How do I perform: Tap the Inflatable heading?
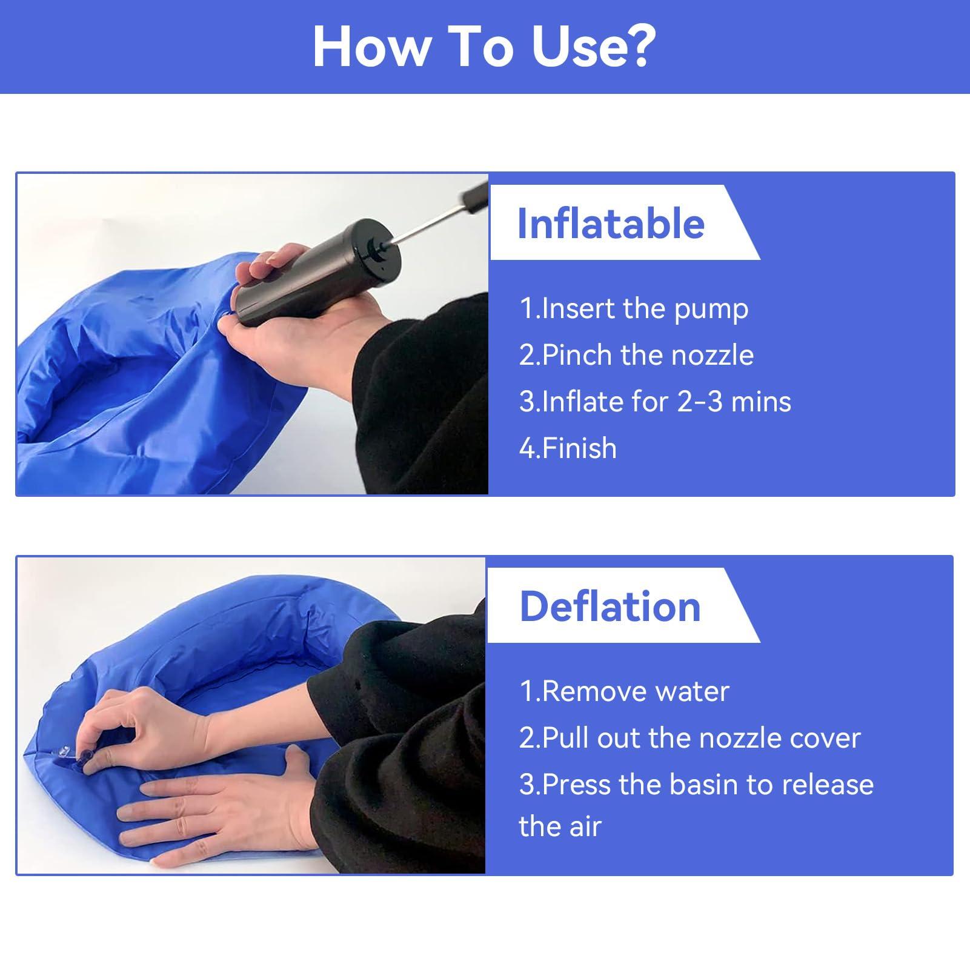611,224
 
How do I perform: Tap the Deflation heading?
610,606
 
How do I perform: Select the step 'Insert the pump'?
634,308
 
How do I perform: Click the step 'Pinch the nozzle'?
636,355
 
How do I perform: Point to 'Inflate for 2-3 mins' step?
655,402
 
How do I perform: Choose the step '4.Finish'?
568,448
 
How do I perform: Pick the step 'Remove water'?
624,691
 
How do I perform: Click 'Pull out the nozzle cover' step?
689,738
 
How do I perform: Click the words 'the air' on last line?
560,826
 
